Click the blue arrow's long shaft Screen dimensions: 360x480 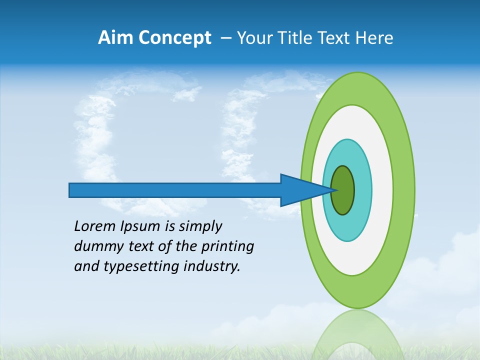175,190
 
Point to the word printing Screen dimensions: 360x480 227,247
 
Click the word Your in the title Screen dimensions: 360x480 255,38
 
